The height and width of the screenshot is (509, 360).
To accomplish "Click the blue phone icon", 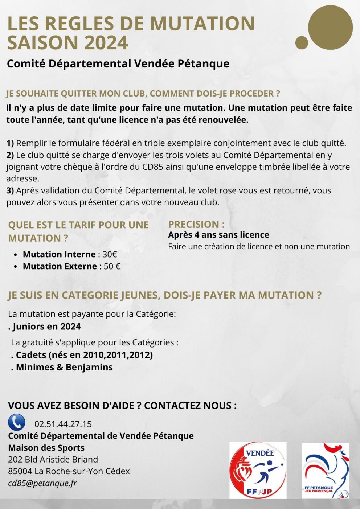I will tap(17, 422).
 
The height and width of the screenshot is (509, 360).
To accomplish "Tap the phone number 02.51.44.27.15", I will tap(63, 424).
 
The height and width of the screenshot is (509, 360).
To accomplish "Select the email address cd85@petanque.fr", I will tap(42, 483).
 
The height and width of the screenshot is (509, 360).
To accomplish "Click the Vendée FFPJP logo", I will tap(258, 470).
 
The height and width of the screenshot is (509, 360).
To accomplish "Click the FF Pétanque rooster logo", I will tap(325, 470).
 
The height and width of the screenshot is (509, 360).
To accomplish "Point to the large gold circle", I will tap(330, 28).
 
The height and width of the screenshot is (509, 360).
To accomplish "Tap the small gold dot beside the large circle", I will tap(302, 42).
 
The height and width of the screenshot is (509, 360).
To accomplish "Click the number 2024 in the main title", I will tap(106, 42).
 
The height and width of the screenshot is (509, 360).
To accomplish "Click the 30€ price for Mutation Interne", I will tap(110, 254).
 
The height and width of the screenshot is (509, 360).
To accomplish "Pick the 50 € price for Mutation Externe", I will tap(112, 266).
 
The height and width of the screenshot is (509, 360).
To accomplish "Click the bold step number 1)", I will tap(10, 143).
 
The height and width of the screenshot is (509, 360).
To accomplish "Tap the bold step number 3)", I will tap(10, 190).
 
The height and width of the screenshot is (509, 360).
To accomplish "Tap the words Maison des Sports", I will tap(46, 447).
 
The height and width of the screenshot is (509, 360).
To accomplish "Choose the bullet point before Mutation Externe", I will tap(15, 267).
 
